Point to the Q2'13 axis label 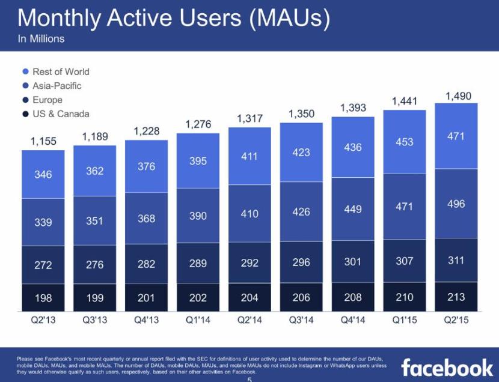coord(43,320)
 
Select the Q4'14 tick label coord(352,320)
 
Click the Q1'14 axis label coord(198,320)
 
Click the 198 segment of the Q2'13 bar coord(43,297)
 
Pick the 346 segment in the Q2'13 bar coord(43,175)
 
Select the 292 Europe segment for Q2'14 coord(249,264)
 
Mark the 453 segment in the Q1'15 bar coord(404,142)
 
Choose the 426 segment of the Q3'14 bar coord(301,212)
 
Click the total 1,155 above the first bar coord(43,142)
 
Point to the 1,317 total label coord(249,119)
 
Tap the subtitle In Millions coord(41,39)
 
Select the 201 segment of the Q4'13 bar coord(146,297)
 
